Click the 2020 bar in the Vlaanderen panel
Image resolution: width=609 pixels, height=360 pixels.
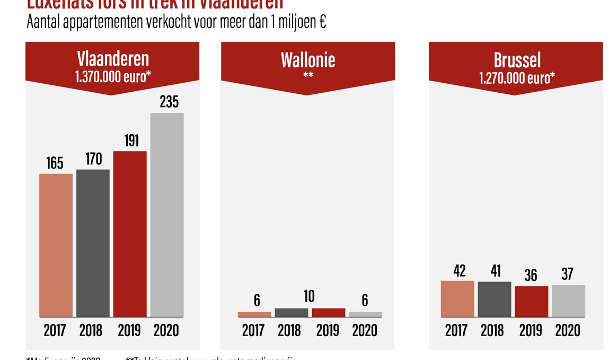point(167,215)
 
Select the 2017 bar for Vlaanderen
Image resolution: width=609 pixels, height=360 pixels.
point(56,245)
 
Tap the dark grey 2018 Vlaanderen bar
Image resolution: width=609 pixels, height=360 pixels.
point(93,243)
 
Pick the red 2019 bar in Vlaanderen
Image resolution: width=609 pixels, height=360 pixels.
point(130,234)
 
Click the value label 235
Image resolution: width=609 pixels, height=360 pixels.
point(169,102)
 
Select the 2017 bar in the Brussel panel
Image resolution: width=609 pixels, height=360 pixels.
point(457,298)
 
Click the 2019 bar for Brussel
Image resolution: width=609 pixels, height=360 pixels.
point(532,301)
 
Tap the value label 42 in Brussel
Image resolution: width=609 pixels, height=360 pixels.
point(460,270)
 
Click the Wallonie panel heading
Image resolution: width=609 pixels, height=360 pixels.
point(308,59)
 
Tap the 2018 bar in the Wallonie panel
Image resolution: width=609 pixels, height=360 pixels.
point(291,312)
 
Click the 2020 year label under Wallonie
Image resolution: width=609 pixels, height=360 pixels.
point(365,331)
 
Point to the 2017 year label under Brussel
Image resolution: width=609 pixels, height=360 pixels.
point(456,331)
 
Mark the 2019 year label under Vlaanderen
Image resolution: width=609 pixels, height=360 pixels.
point(128,331)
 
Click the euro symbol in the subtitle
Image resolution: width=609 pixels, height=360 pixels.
point(322,23)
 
